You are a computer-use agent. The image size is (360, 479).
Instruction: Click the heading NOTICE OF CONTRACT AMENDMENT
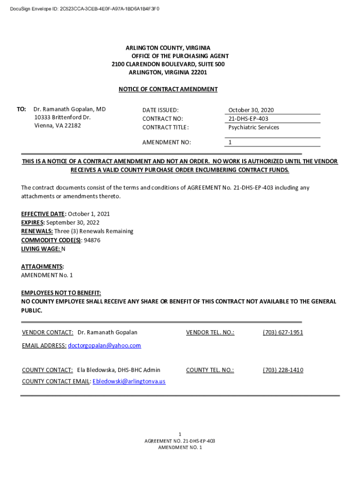(x=168, y=89)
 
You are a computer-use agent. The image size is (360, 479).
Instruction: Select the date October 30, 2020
(x=251, y=110)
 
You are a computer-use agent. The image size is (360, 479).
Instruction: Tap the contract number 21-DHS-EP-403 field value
(x=248, y=119)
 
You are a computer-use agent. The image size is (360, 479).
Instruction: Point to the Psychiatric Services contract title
(x=253, y=127)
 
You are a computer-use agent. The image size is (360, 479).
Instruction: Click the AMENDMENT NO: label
(x=166, y=142)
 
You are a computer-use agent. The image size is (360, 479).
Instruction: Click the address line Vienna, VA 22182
(x=58, y=125)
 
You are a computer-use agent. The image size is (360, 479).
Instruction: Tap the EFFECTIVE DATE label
(x=43, y=214)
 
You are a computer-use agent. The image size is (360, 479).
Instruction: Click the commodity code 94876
(x=92, y=240)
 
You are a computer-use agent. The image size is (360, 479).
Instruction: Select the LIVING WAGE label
(x=40, y=249)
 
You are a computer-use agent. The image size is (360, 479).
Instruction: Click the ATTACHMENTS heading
(x=42, y=267)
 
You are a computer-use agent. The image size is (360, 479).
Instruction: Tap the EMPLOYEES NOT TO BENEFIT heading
(x=61, y=293)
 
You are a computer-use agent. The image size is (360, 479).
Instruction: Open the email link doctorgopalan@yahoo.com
(x=104, y=346)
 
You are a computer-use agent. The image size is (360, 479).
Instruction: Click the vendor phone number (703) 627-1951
(x=283, y=333)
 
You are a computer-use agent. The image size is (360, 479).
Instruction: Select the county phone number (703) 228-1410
(x=283, y=370)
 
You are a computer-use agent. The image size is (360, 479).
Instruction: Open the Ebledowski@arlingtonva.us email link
(x=129, y=381)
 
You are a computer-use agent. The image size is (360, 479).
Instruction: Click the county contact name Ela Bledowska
(x=97, y=370)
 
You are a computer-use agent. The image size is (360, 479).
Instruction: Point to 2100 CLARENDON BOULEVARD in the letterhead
(x=149, y=64)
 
